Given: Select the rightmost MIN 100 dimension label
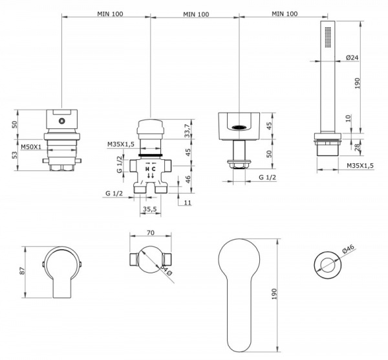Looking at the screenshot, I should [x=285, y=14].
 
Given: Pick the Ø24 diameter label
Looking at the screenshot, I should [x=352, y=58].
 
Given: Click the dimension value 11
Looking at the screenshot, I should [x=188, y=203].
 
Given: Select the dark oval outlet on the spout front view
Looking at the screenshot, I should [x=239, y=127].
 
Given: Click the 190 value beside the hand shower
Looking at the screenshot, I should [x=358, y=82].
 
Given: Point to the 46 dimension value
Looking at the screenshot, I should [x=187, y=179].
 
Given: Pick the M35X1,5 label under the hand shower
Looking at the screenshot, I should [x=363, y=167].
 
